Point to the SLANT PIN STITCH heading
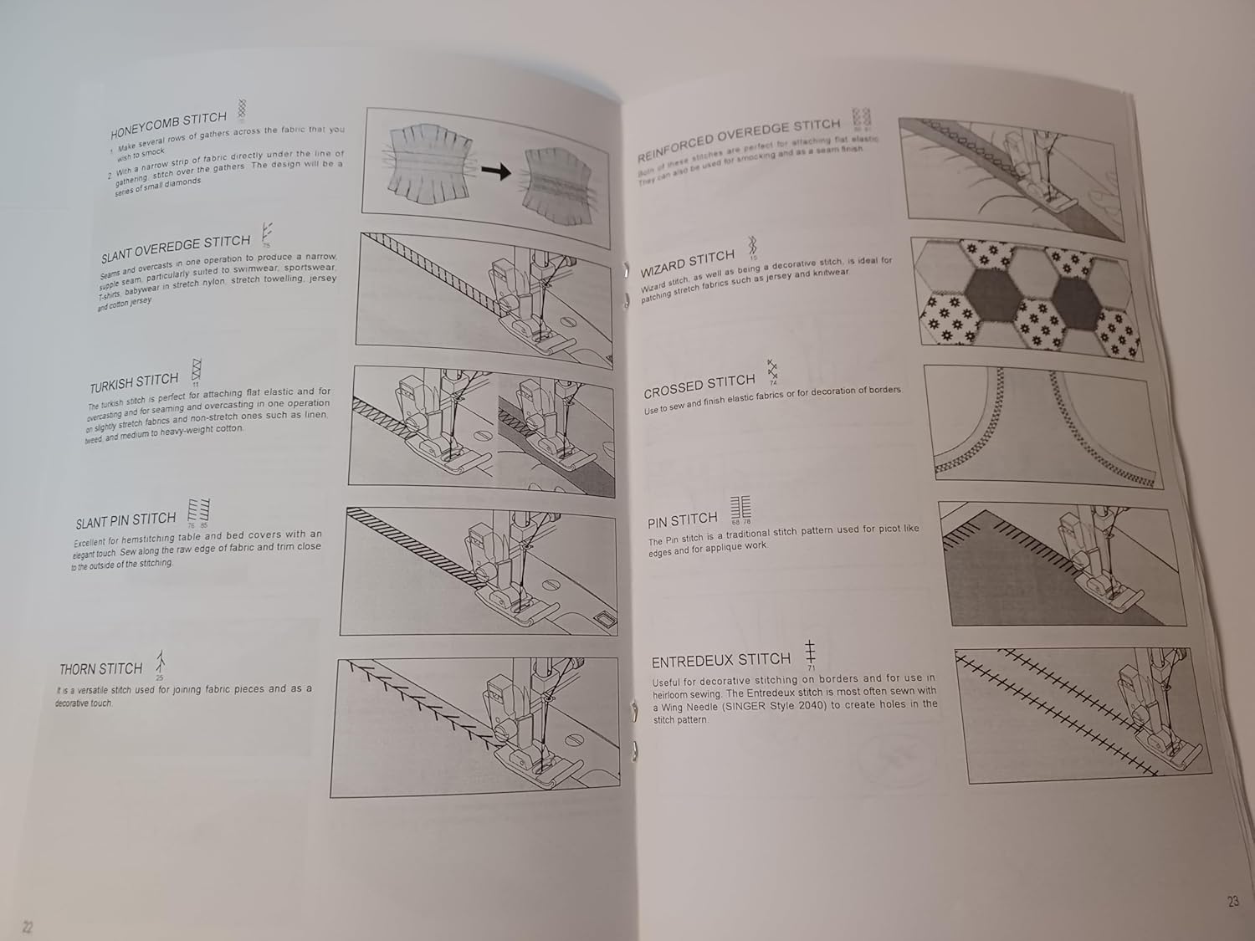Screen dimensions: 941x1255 (x=125, y=521)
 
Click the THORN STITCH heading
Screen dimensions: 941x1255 (x=100, y=669)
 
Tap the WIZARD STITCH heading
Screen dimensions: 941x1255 (x=687, y=263)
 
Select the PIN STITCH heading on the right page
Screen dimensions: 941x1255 (x=682, y=520)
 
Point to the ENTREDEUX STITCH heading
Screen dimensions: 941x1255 (x=720, y=661)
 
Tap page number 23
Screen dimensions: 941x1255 (x=1232, y=901)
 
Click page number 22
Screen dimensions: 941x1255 (x=28, y=927)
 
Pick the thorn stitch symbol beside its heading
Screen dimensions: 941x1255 (x=159, y=662)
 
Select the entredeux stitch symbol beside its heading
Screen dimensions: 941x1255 (x=810, y=652)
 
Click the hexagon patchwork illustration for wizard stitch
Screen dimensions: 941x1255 (x=1029, y=297)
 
